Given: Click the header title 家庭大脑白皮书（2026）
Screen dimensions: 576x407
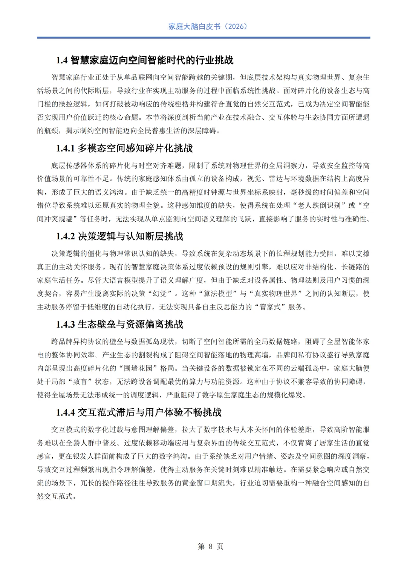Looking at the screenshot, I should tap(208, 26).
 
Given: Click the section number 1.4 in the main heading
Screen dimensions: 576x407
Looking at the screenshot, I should tap(62, 60).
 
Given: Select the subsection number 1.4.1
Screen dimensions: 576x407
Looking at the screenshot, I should tap(65, 149).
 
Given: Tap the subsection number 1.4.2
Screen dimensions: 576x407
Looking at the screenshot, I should tap(65, 237).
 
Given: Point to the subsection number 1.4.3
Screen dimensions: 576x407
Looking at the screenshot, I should tap(65, 325).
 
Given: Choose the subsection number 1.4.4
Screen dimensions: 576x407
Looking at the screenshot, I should tap(65, 413).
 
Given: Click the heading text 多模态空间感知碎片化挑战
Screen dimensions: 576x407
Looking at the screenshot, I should tap(135, 149).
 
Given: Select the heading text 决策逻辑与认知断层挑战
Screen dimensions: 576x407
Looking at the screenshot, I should tap(130, 237).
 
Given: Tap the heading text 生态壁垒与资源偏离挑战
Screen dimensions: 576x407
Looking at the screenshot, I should tap(130, 325).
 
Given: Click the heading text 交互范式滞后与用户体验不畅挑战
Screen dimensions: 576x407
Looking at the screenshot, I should tap(150, 413).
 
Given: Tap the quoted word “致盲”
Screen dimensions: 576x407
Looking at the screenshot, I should tap(80, 381).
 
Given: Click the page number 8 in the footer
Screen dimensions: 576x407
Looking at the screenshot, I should tap(211, 547).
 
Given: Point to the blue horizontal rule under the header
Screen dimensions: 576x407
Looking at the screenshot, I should tap(203, 38).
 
